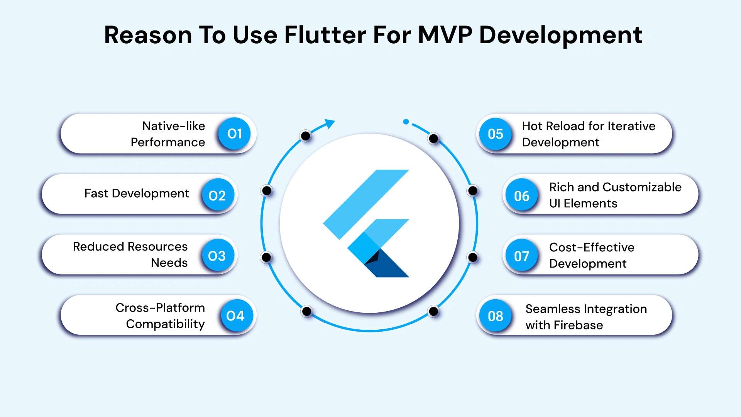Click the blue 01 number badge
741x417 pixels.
coord(234,134)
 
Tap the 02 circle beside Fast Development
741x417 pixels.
coord(217,195)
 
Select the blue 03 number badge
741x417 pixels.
coord(217,256)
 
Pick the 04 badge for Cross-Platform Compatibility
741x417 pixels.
coord(235,316)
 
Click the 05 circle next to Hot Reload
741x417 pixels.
coord(496,134)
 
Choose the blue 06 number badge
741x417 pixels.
coord(522,196)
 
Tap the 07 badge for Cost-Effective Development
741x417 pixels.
coord(522,256)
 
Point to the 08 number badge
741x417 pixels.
coord(496,316)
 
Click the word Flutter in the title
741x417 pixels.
coord(325,35)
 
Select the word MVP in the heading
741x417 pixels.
coord(445,35)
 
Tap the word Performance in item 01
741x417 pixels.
coord(168,142)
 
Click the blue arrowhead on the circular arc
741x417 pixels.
coord(330,123)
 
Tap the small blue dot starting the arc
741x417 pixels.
coord(406,122)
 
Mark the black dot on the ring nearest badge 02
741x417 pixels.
coord(267,190)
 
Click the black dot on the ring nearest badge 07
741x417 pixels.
coord(472,257)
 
